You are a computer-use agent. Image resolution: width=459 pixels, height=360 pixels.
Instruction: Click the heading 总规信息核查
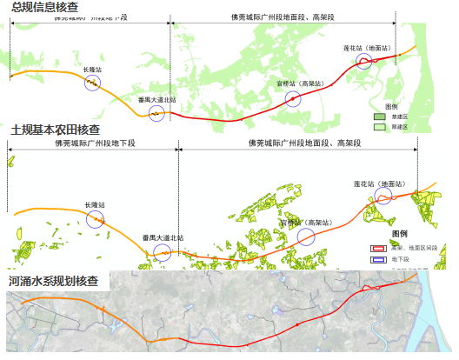pyautogui.click(x=43, y=8)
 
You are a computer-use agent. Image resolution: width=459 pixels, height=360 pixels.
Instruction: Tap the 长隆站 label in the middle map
pyautogui.click(x=95, y=205)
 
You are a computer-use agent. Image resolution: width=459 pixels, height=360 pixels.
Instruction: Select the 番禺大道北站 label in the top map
pyautogui.click(x=156, y=100)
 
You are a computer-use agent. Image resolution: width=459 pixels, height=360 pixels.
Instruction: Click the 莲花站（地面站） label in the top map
pyautogui.click(x=368, y=47)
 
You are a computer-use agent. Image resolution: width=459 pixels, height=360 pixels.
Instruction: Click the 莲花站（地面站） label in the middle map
pyautogui.click(x=379, y=184)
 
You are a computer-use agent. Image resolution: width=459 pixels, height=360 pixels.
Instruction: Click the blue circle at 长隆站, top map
pyautogui.click(x=92, y=82)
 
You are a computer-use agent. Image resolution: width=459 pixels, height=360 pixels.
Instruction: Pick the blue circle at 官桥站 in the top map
pyautogui.click(x=294, y=98)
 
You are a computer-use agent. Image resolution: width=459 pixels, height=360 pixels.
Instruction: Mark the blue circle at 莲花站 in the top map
pyautogui.click(x=364, y=60)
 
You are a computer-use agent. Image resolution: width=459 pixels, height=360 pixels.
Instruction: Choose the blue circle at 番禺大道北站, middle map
pyautogui.click(x=162, y=252)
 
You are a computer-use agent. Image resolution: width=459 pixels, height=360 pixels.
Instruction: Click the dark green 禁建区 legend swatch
pyautogui.click(x=380, y=117)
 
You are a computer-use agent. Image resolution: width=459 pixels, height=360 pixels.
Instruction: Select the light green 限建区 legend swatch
pyautogui.click(x=380, y=127)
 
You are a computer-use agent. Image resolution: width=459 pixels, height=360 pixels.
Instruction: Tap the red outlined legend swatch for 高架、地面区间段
pyautogui.click(x=379, y=248)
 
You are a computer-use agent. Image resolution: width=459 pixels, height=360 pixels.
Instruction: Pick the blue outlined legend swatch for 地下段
pyautogui.click(x=379, y=259)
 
